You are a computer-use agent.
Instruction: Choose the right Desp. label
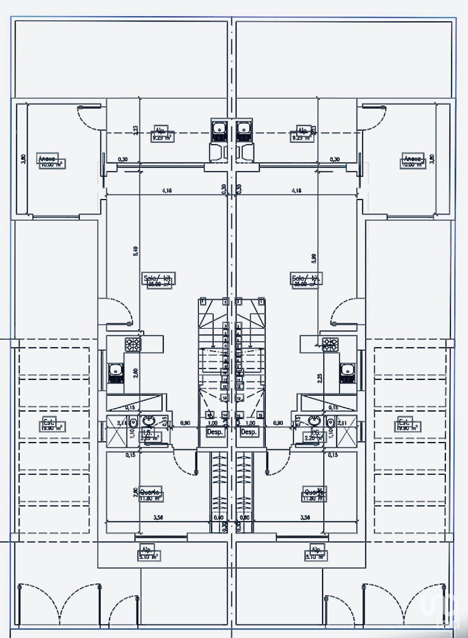249,432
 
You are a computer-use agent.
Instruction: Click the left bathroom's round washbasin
148,421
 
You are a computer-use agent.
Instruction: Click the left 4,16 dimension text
167,191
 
